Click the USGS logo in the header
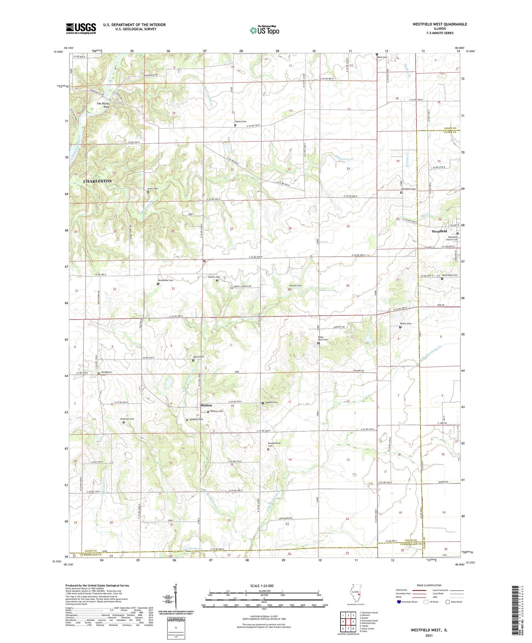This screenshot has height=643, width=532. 81,28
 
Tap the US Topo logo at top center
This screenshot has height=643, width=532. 264,31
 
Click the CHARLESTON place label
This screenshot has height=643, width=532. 98,181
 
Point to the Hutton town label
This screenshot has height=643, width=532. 206,405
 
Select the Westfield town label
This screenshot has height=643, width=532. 439,231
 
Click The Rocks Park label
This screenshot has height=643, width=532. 103,105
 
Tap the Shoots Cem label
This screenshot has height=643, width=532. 240,122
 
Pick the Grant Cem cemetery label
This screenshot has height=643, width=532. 153,189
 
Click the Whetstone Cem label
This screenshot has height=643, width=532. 166,280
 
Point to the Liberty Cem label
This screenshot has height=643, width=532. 214,277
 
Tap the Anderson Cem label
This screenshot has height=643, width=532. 127,419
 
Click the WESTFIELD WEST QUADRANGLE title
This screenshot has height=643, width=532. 439,24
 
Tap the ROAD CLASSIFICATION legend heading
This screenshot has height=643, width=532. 429,585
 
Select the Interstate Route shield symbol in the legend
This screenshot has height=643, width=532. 399,602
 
